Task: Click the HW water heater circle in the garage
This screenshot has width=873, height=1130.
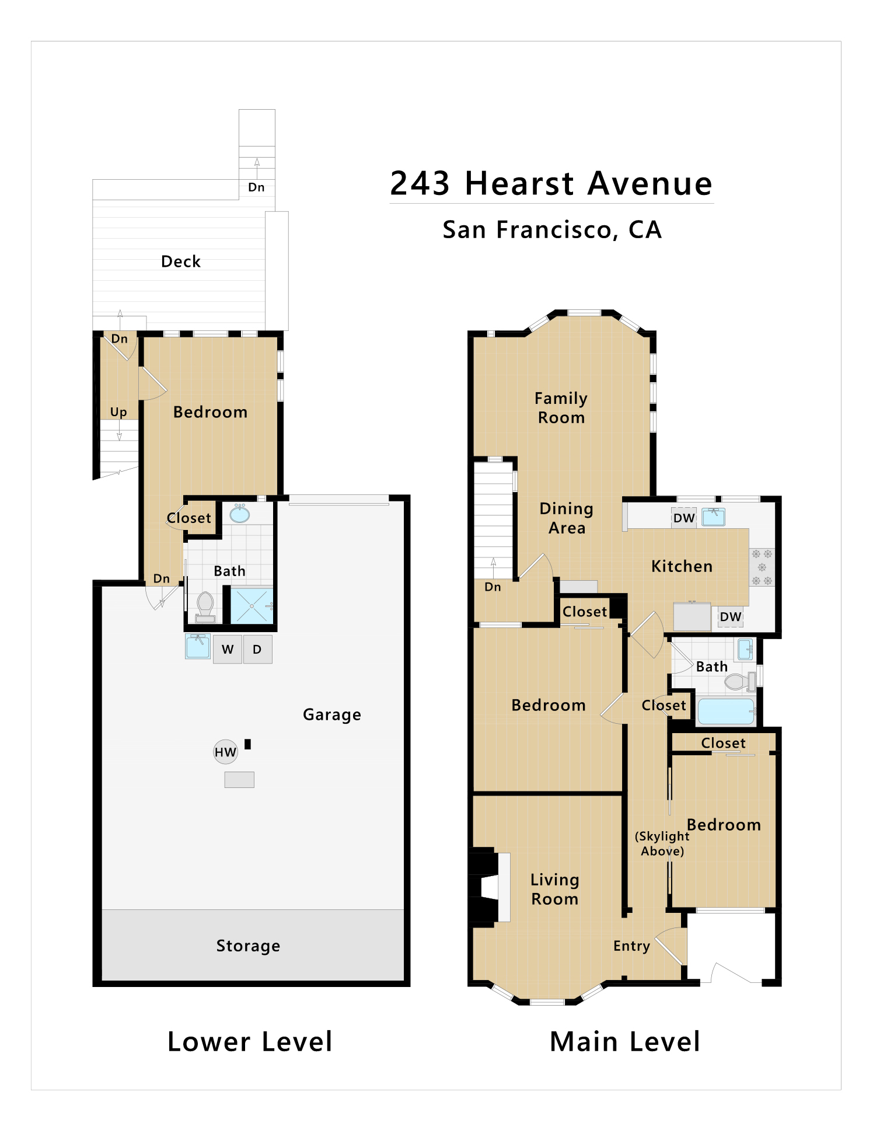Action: pos(225,752)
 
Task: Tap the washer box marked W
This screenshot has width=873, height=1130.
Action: pos(228,649)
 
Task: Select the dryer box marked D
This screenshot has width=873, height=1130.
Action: pos(257,649)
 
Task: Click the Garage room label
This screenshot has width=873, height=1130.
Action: pos(332,715)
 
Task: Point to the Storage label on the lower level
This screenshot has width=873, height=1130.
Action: pos(248,946)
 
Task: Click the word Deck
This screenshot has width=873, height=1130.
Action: pos(181,261)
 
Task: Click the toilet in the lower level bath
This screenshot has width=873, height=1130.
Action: pos(205,607)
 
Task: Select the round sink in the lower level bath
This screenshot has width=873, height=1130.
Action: pos(240,514)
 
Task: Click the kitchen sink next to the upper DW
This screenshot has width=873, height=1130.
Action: pos(713,517)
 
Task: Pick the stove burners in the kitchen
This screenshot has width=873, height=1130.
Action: pos(762,567)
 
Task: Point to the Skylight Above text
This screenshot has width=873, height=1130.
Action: pos(662,843)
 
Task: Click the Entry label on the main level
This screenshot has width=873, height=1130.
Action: pos(631,946)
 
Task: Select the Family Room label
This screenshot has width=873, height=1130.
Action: pos(561,408)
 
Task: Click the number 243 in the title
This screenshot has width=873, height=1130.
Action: pos(420,183)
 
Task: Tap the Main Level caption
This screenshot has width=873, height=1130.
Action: pos(625,1042)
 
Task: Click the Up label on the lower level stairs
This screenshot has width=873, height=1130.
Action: pos(118,413)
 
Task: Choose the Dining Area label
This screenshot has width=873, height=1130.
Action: pos(567,518)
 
